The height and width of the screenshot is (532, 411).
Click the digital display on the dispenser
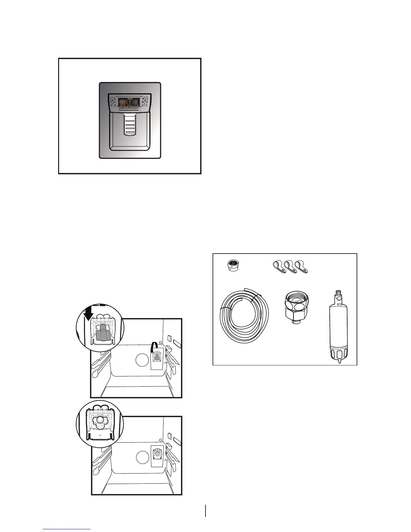[x=130, y=101]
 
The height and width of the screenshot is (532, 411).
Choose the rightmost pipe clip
[x=301, y=267]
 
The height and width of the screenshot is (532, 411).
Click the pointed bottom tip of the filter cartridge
[x=339, y=361]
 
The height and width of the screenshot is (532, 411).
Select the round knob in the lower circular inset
[x=100, y=420]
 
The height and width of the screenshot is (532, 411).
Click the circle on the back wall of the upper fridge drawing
[x=142, y=361]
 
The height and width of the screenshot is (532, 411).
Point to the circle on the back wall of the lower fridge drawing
[x=142, y=457]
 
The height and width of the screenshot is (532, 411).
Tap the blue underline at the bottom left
[x=66, y=529]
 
